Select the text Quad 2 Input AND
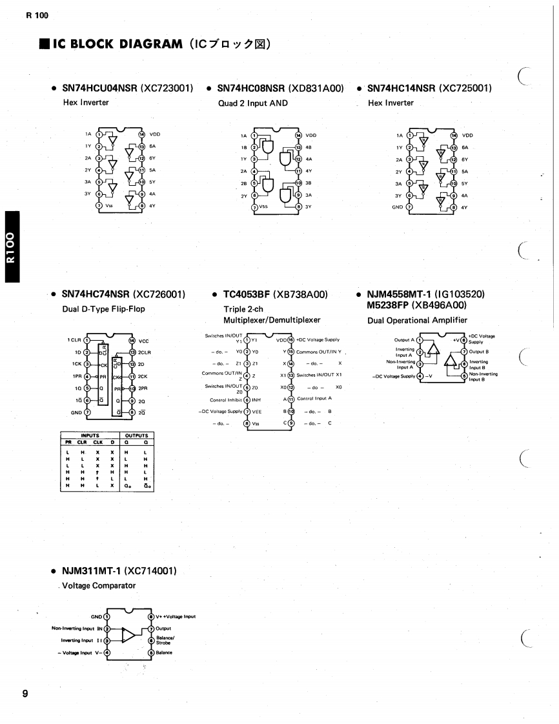point(252,103)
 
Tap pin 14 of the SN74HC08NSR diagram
point(298,136)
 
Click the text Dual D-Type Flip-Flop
point(103,309)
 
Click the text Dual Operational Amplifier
point(417,320)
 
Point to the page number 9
point(25,694)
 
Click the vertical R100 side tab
point(11,246)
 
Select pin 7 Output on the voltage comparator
point(150,628)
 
